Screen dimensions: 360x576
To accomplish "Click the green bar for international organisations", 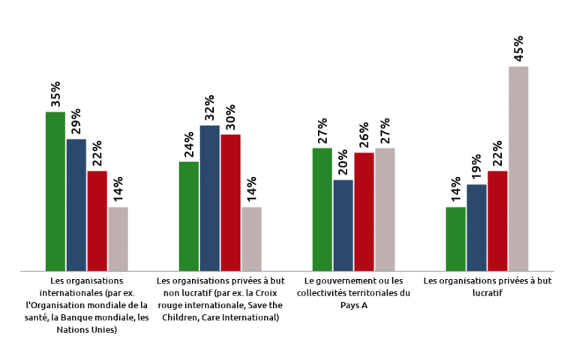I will click(55, 191).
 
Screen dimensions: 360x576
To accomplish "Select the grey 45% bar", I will click(518, 169).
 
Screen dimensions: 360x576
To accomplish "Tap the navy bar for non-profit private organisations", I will click(209, 198).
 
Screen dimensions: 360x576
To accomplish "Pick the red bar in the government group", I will click(364, 211).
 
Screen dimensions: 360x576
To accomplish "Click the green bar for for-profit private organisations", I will click(455, 238).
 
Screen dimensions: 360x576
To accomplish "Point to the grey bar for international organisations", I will click(118, 238).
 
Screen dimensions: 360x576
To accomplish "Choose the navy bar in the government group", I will click(343, 225).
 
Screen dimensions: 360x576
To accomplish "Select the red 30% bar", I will click(230, 202).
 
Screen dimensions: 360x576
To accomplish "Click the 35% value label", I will click(55, 95).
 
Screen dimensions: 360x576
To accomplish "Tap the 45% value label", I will click(518, 49).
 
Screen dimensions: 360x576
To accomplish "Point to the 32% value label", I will click(209, 109).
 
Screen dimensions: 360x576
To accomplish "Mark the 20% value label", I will click(343, 163).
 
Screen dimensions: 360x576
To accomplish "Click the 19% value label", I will click(476, 168).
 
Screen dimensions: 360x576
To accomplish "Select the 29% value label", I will click(76, 122).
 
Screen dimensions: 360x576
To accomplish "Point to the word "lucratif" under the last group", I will click(487, 293).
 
